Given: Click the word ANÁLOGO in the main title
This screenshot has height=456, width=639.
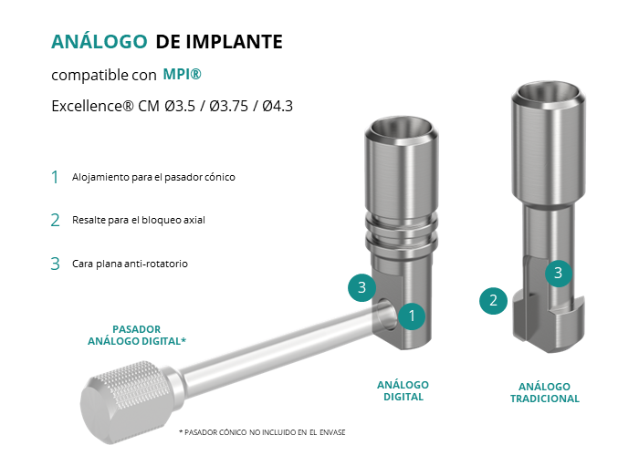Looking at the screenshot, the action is pos(99,42).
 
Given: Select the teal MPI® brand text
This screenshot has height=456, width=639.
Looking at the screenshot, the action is pos(183,74).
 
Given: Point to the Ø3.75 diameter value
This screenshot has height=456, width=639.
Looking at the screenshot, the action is pos(228,107).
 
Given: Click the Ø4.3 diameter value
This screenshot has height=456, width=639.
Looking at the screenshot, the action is pos(278,107).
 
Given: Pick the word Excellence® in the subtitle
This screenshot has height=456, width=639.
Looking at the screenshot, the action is pos(92,107).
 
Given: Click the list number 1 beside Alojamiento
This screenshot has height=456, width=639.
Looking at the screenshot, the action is pos(55,178).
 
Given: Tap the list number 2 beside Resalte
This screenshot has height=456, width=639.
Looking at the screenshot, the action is pos(55,221).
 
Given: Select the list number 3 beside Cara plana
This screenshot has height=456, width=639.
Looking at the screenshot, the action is pos(55,264).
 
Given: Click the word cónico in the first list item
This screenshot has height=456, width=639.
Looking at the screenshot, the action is pos(222,177).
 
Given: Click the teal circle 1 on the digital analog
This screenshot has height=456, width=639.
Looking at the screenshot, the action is pos(412,316).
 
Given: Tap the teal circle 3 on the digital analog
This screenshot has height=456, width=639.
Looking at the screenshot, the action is pos(361,287).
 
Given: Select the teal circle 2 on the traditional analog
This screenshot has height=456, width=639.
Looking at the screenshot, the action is pos(493,301).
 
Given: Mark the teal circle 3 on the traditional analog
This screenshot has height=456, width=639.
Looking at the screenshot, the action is pos(559,273).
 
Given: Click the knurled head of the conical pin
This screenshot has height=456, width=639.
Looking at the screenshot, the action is pos(127,402).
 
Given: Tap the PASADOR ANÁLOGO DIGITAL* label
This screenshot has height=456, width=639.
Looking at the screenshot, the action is pos(137,335).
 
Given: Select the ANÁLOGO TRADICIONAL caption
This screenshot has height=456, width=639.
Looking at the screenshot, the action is pos(545,392).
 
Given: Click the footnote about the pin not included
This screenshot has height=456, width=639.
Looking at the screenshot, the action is pos(262,432).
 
